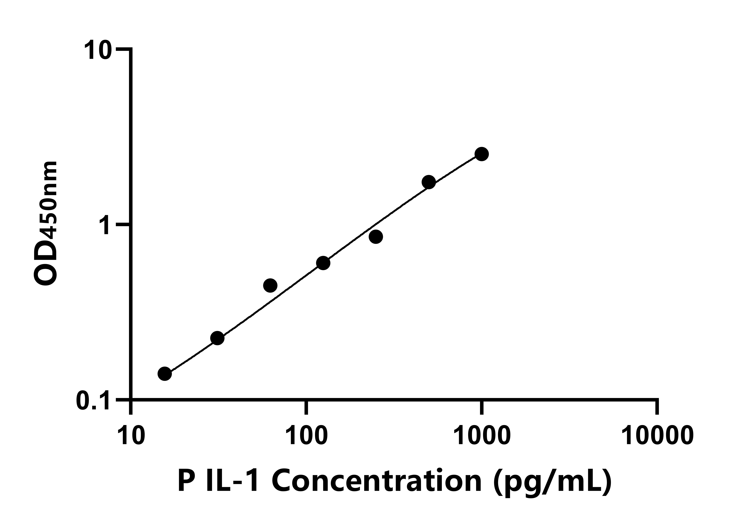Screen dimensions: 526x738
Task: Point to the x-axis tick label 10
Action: (x=131, y=436)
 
